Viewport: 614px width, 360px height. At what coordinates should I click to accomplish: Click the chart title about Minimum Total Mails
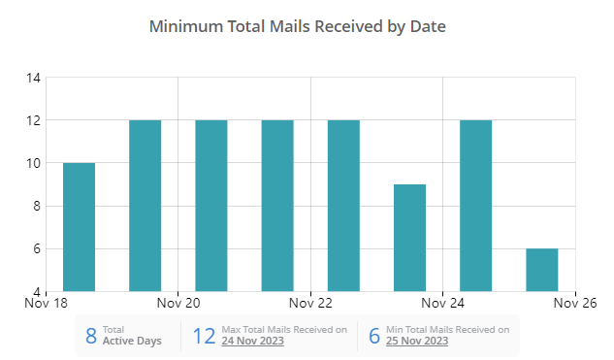coord(298,27)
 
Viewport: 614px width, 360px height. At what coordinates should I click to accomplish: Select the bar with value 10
coord(80,227)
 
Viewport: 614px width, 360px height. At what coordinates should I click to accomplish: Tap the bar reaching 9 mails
coord(409,238)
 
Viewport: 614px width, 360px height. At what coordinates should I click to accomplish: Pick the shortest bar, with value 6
coord(541,270)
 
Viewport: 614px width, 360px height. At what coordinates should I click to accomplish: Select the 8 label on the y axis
coord(35,206)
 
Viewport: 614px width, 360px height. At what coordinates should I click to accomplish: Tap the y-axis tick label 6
coord(35,248)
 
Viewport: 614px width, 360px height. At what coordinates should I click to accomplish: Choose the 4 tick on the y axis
coord(35,291)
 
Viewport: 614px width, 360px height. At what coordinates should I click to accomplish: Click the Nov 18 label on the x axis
coord(47,302)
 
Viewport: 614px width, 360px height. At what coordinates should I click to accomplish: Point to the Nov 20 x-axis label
coord(178,302)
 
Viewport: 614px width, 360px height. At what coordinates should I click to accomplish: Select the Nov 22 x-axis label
coord(310,302)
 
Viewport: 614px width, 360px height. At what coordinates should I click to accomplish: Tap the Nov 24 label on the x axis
coord(442,302)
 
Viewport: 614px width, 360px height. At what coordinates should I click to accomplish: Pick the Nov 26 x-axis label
coord(575,302)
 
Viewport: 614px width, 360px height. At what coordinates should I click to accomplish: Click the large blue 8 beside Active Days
coord(91,337)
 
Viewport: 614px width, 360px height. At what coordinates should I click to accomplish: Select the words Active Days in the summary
coord(132,342)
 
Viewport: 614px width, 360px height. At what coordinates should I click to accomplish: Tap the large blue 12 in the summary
coord(204,337)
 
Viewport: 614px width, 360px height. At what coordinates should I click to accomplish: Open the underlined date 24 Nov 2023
coord(253,342)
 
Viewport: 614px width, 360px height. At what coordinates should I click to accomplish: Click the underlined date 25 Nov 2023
coord(417,342)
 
